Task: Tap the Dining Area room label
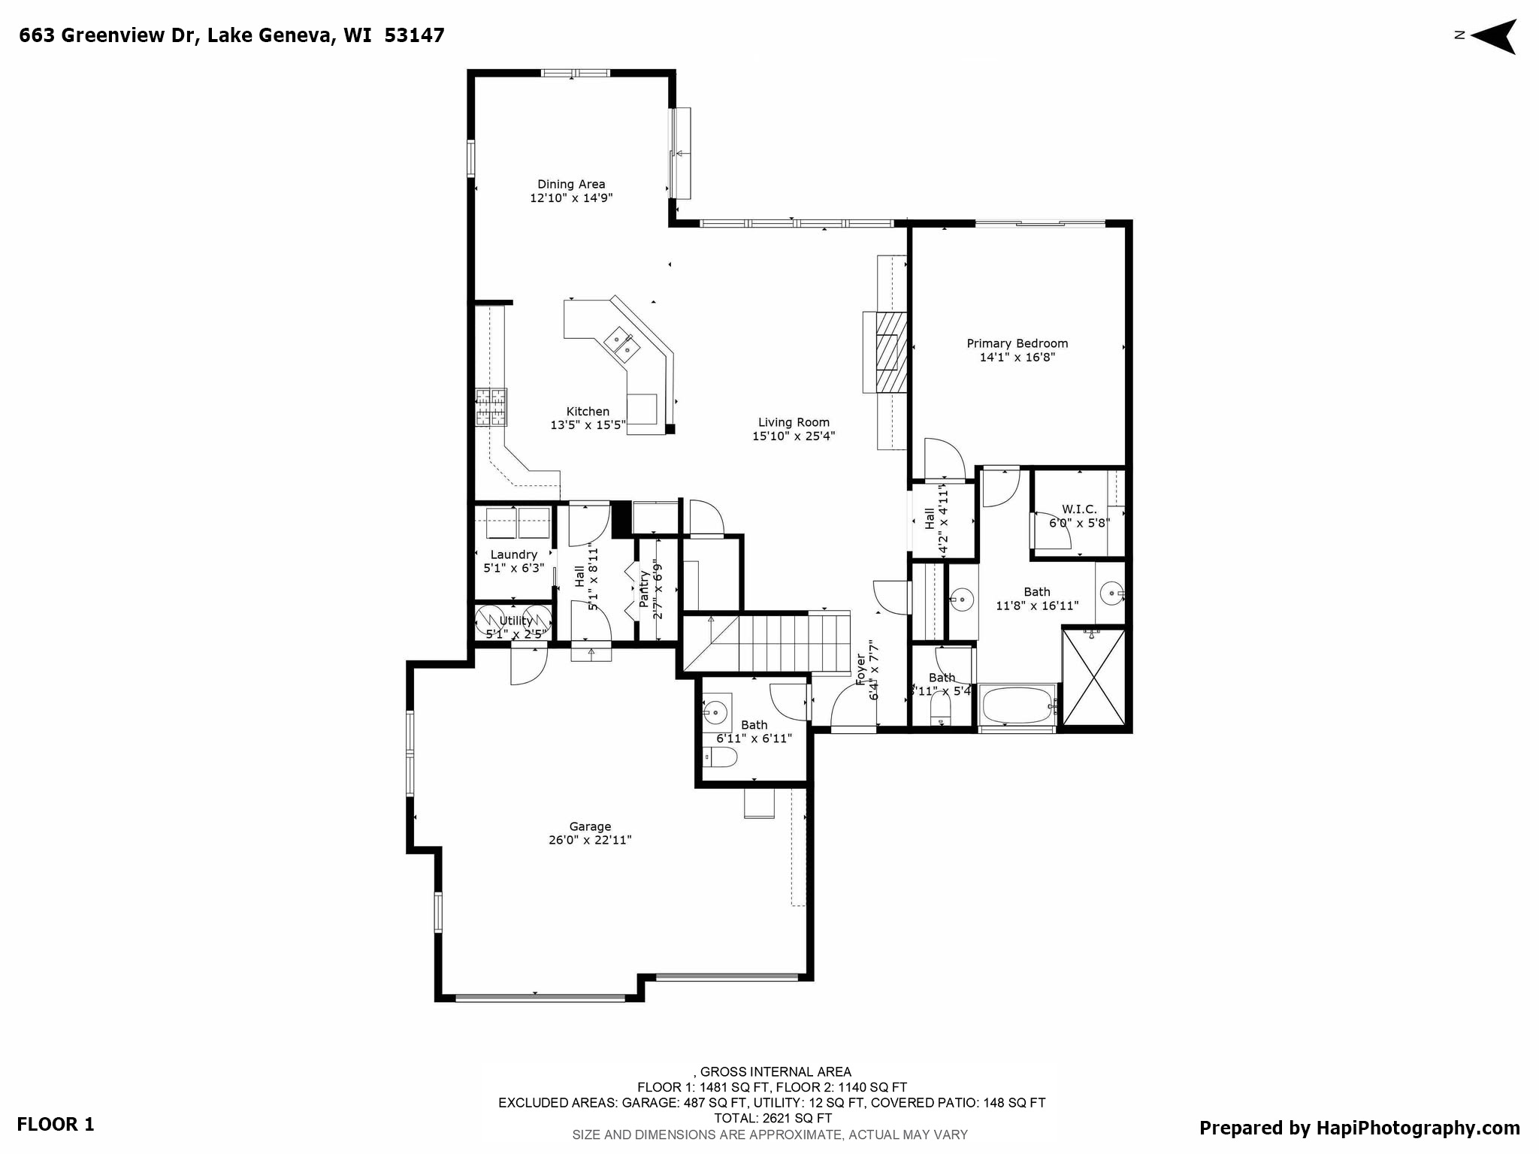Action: coord(571,184)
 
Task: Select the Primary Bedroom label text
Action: coord(1017,343)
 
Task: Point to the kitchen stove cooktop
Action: coord(491,407)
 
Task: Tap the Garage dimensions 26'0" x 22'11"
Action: coord(590,840)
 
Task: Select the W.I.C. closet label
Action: coord(1079,509)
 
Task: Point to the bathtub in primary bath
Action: coord(1017,704)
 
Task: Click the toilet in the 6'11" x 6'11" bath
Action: coord(721,758)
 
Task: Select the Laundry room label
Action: coord(514,554)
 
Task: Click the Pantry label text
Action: coord(644,589)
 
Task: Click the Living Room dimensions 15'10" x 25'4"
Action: coord(794,436)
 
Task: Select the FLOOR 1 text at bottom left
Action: coord(56,1124)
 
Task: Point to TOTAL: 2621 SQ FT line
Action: coord(773,1118)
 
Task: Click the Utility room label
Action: coord(516,621)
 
